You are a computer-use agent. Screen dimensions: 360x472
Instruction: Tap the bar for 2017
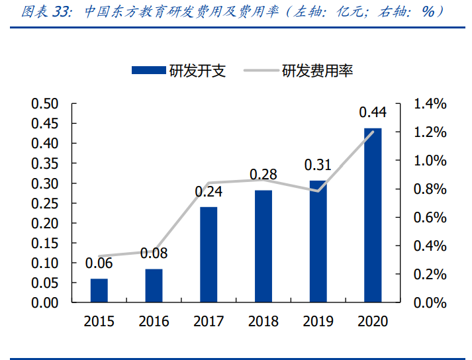tap(209, 255)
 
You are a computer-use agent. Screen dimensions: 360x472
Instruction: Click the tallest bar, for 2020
tap(373, 215)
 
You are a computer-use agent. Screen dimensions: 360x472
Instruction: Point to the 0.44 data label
tap(373, 112)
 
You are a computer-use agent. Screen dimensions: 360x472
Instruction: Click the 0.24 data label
tap(209, 192)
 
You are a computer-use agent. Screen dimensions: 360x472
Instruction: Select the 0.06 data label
tap(99, 263)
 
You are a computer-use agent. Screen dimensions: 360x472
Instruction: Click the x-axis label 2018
tap(263, 322)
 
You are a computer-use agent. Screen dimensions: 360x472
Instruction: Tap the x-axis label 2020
tap(373, 322)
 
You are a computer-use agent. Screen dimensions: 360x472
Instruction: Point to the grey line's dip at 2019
tap(318, 191)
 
